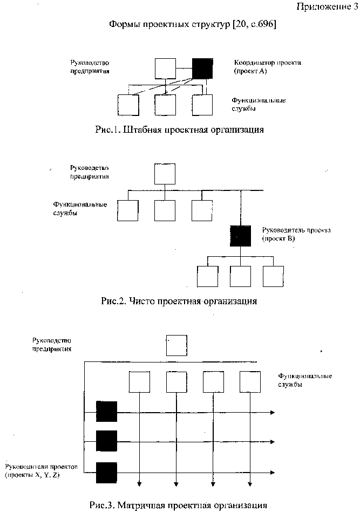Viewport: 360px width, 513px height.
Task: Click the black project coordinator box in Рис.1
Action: click(x=202, y=69)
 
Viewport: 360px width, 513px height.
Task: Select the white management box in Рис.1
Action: click(x=165, y=69)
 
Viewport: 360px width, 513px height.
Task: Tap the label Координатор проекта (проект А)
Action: click(x=267, y=67)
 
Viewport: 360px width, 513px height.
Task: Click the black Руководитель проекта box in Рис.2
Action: click(x=241, y=236)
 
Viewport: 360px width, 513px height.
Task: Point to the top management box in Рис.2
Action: click(x=165, y=174)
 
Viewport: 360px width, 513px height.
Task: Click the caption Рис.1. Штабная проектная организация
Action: click(x=179, y=129)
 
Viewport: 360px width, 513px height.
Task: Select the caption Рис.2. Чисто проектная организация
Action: click(x=179, y=300)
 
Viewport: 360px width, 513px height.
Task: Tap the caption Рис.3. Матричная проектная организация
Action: click(x=178, y=505)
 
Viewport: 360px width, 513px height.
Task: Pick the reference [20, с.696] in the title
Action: click(x=254, y=24)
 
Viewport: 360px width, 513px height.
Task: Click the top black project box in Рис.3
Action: click(x=107, y=411)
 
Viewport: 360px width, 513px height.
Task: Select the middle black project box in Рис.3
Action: click(x=107, y=441)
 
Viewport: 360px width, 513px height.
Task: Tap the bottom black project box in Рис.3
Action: click(x=107, y=473)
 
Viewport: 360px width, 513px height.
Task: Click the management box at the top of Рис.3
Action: click(x=176, y=345)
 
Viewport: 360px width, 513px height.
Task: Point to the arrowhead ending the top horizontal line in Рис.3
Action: click(x=272, y=413)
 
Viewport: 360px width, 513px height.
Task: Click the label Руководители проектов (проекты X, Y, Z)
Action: click(x=41, y=471)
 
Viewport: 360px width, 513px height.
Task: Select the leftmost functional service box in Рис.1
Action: click(x=128, y=105)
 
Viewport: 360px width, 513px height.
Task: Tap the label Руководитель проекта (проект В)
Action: click(x=296, y=234)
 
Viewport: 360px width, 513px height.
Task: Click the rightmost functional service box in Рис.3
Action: click(x=250, y=382)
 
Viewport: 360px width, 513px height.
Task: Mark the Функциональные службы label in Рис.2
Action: click(x=80, y=209)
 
